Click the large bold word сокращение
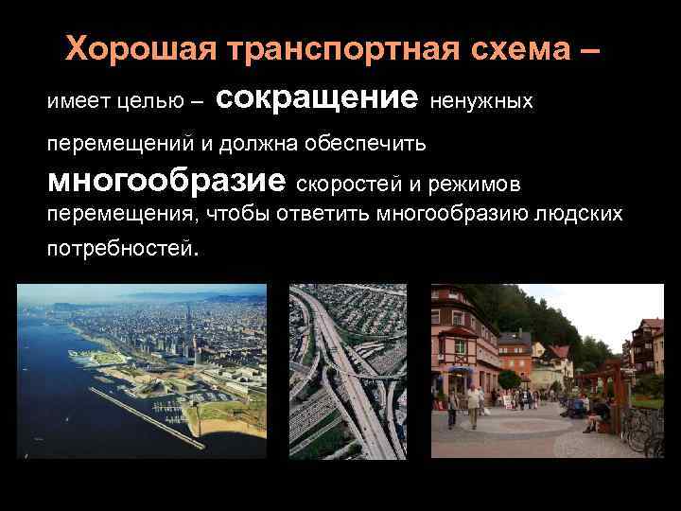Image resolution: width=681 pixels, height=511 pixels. [x=323, y=97]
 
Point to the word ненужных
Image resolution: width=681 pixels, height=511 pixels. [x=481, y=100]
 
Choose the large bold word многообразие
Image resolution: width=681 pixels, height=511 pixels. [x=166, y=179]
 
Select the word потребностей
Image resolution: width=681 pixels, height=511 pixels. [x=120, y=251]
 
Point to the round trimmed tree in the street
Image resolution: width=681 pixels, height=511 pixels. [x=509, y=380]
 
